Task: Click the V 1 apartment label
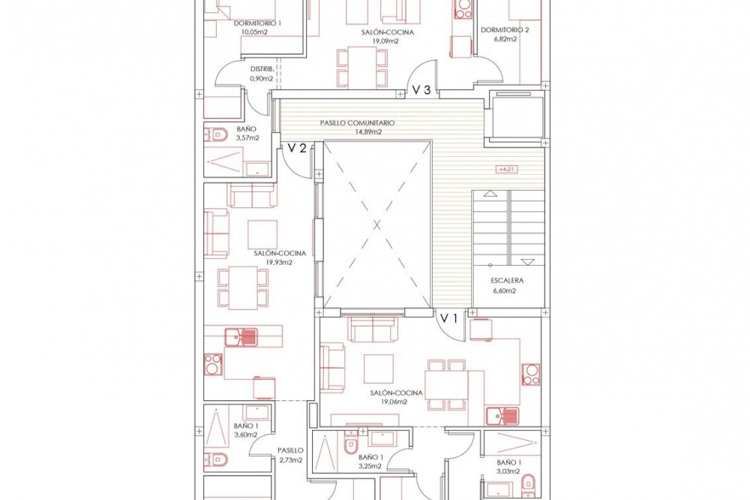[x=449, y=318]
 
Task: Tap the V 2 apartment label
[x=296, y=148]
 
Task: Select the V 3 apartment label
[x=421, y=89]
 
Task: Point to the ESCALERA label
[x=507, y=281]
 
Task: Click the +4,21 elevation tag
[x=506, y=169]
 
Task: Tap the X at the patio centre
[x=377, y=224]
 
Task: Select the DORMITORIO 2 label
[x=505, y=30]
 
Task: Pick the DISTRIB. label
[x=262, y=69]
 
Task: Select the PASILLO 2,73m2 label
[x=290, y=456]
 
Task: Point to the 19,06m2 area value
[x=394, y=402]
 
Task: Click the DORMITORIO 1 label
[x=257, y=23]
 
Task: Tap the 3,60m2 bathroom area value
[x=246, y=435]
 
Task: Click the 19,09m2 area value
[x=385, y=41]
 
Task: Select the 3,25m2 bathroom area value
[x=370, y=466]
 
